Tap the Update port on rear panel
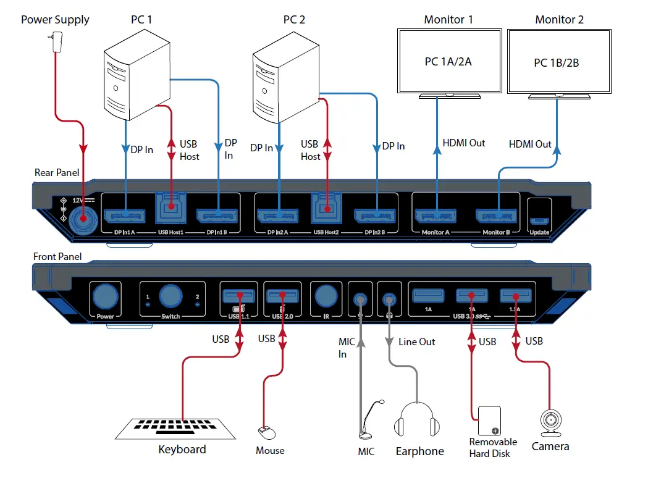[x=539, y=221]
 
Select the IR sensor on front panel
[x=325, y=297]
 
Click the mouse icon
[x=264, y=430]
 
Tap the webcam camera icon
[x=549, y=423]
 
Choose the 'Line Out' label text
[x=417, y=342]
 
